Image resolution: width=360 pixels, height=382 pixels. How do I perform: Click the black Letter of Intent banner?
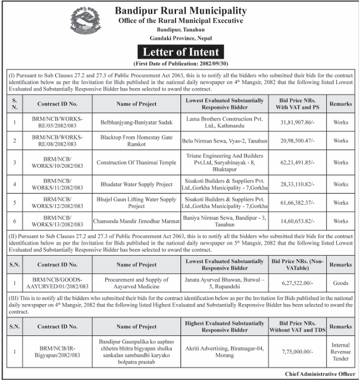[179, 53]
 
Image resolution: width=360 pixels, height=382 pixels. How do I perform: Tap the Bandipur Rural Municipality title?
[181, 11]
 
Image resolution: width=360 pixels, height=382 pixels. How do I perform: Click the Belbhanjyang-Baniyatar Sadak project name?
[136, 120]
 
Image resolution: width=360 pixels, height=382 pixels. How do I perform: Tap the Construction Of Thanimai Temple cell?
[136, 163]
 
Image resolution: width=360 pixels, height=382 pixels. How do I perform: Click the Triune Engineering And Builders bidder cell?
[224, 163]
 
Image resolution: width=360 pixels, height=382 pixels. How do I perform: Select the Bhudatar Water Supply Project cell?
[136, 184]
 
